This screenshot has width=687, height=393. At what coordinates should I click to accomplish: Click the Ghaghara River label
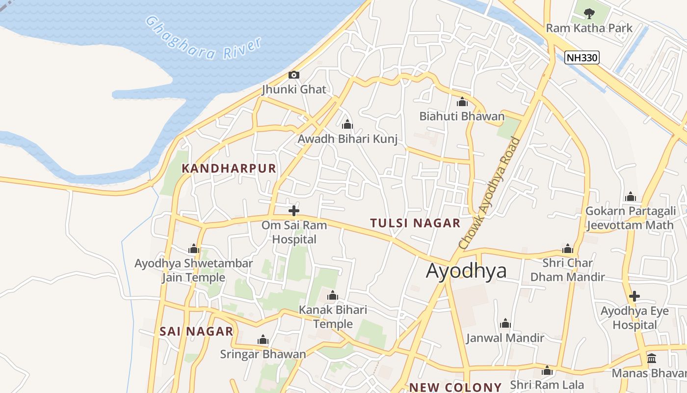coord(203,38)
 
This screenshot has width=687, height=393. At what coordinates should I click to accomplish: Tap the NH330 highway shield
coord(582,57)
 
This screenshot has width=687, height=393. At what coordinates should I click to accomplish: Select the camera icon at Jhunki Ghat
coord(294,75)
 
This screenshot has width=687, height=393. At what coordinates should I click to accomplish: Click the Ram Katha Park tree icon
coord(589,13)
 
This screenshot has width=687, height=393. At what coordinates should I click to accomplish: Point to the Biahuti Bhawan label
coord(461,116)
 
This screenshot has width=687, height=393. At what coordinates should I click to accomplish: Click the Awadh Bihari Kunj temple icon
coord(347,124)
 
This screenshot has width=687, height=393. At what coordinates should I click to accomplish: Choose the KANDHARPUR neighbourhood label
coord(229,168)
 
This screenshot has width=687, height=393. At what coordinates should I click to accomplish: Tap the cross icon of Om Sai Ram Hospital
coord(294,211)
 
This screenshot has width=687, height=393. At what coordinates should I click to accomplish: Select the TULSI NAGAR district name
coord(415,223)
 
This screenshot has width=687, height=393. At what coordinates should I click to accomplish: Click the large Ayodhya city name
coord(466,271)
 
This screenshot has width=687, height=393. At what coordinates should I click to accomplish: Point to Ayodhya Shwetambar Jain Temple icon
coord(194,249)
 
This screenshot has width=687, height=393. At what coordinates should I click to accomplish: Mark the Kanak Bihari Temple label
coord(333,317)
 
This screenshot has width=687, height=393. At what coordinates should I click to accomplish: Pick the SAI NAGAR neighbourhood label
coord(196,332)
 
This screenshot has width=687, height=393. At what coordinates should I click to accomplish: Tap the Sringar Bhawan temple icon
coord(263,340)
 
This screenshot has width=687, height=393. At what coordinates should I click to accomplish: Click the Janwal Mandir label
coord(505,338)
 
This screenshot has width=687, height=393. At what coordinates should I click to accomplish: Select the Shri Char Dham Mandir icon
coord(568,249)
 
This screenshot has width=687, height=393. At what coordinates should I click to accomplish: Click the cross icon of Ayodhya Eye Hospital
coord(634,296)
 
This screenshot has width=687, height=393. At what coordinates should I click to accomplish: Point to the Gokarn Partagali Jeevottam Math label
coord(630,218)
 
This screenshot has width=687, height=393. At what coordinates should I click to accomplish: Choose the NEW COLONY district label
coord(455,387)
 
